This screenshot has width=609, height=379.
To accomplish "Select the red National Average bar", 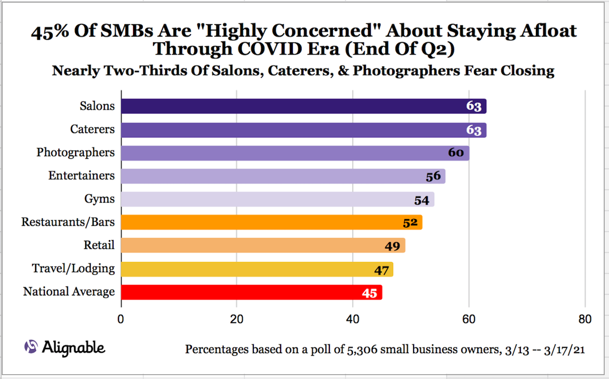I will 251,292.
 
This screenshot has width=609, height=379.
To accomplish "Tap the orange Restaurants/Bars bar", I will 271,223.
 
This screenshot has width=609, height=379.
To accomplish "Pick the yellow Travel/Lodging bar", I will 256,269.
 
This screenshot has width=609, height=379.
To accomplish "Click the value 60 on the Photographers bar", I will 456,152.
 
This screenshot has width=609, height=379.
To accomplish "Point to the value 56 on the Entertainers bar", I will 433,176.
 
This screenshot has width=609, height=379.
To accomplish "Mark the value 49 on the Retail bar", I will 392,246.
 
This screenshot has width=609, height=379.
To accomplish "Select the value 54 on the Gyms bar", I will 422,199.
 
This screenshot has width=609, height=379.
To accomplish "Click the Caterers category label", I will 93,129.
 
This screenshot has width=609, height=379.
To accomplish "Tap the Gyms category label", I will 100,199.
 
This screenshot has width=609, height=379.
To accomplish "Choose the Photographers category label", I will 76,152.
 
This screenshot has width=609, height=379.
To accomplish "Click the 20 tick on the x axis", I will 237,319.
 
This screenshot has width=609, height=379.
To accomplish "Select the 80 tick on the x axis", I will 585,319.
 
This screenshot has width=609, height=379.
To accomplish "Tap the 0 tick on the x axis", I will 121,319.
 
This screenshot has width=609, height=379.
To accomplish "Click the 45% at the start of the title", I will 47,32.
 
